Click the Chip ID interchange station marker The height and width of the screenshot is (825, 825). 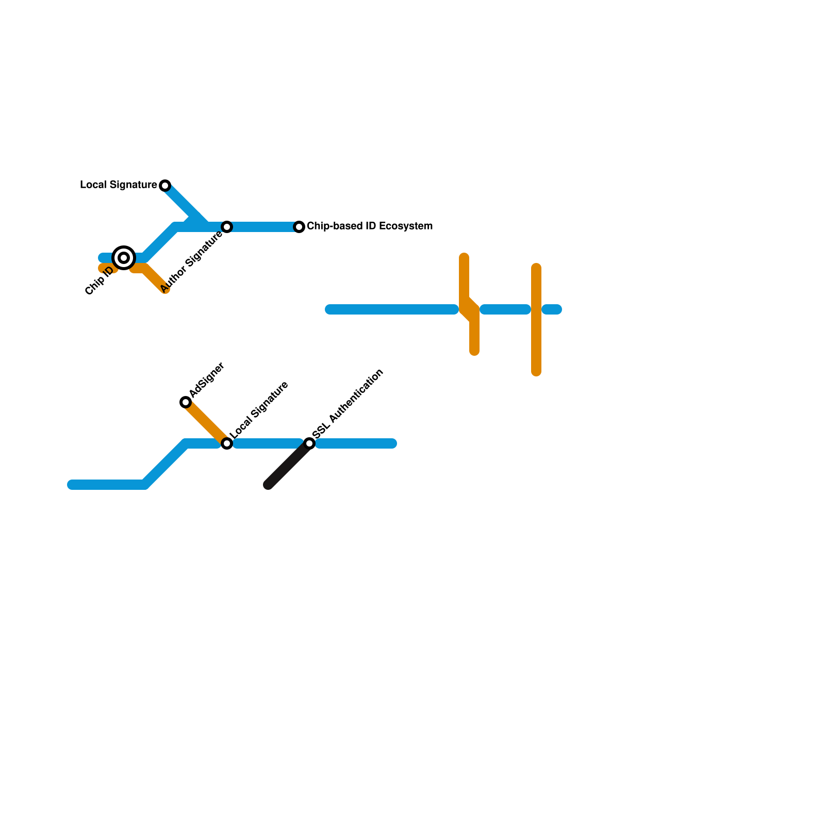(124, 257)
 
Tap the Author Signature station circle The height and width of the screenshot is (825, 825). (227, 227)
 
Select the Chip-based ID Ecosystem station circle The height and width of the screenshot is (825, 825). (299, 227)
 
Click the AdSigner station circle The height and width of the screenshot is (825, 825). (186, 402)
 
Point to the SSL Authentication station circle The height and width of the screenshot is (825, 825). (309, 443)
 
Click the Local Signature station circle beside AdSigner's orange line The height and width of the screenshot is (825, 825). (227, 443)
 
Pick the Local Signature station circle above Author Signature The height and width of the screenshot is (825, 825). (165, 186)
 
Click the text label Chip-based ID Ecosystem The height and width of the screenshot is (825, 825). (369, 226)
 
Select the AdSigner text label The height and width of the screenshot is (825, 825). (207, 379)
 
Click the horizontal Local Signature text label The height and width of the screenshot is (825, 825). (118, 185)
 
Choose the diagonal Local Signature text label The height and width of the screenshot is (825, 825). (258, 410)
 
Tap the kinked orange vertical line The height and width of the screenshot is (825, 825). (465, 278)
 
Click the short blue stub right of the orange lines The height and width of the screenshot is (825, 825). (552, 309)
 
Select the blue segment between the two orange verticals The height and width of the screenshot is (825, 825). (505, 309)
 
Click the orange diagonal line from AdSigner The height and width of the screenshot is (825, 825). (206, 423)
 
